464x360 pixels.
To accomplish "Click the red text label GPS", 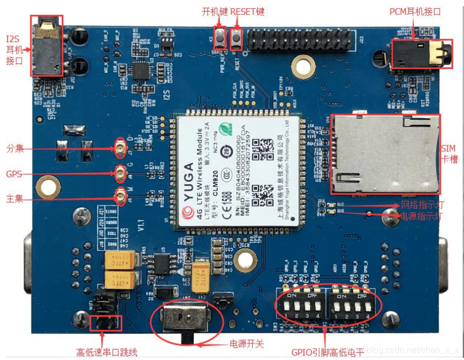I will [14, 174].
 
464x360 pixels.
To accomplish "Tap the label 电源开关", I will [247, 343].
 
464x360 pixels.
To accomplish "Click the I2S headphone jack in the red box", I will [47, 45].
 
